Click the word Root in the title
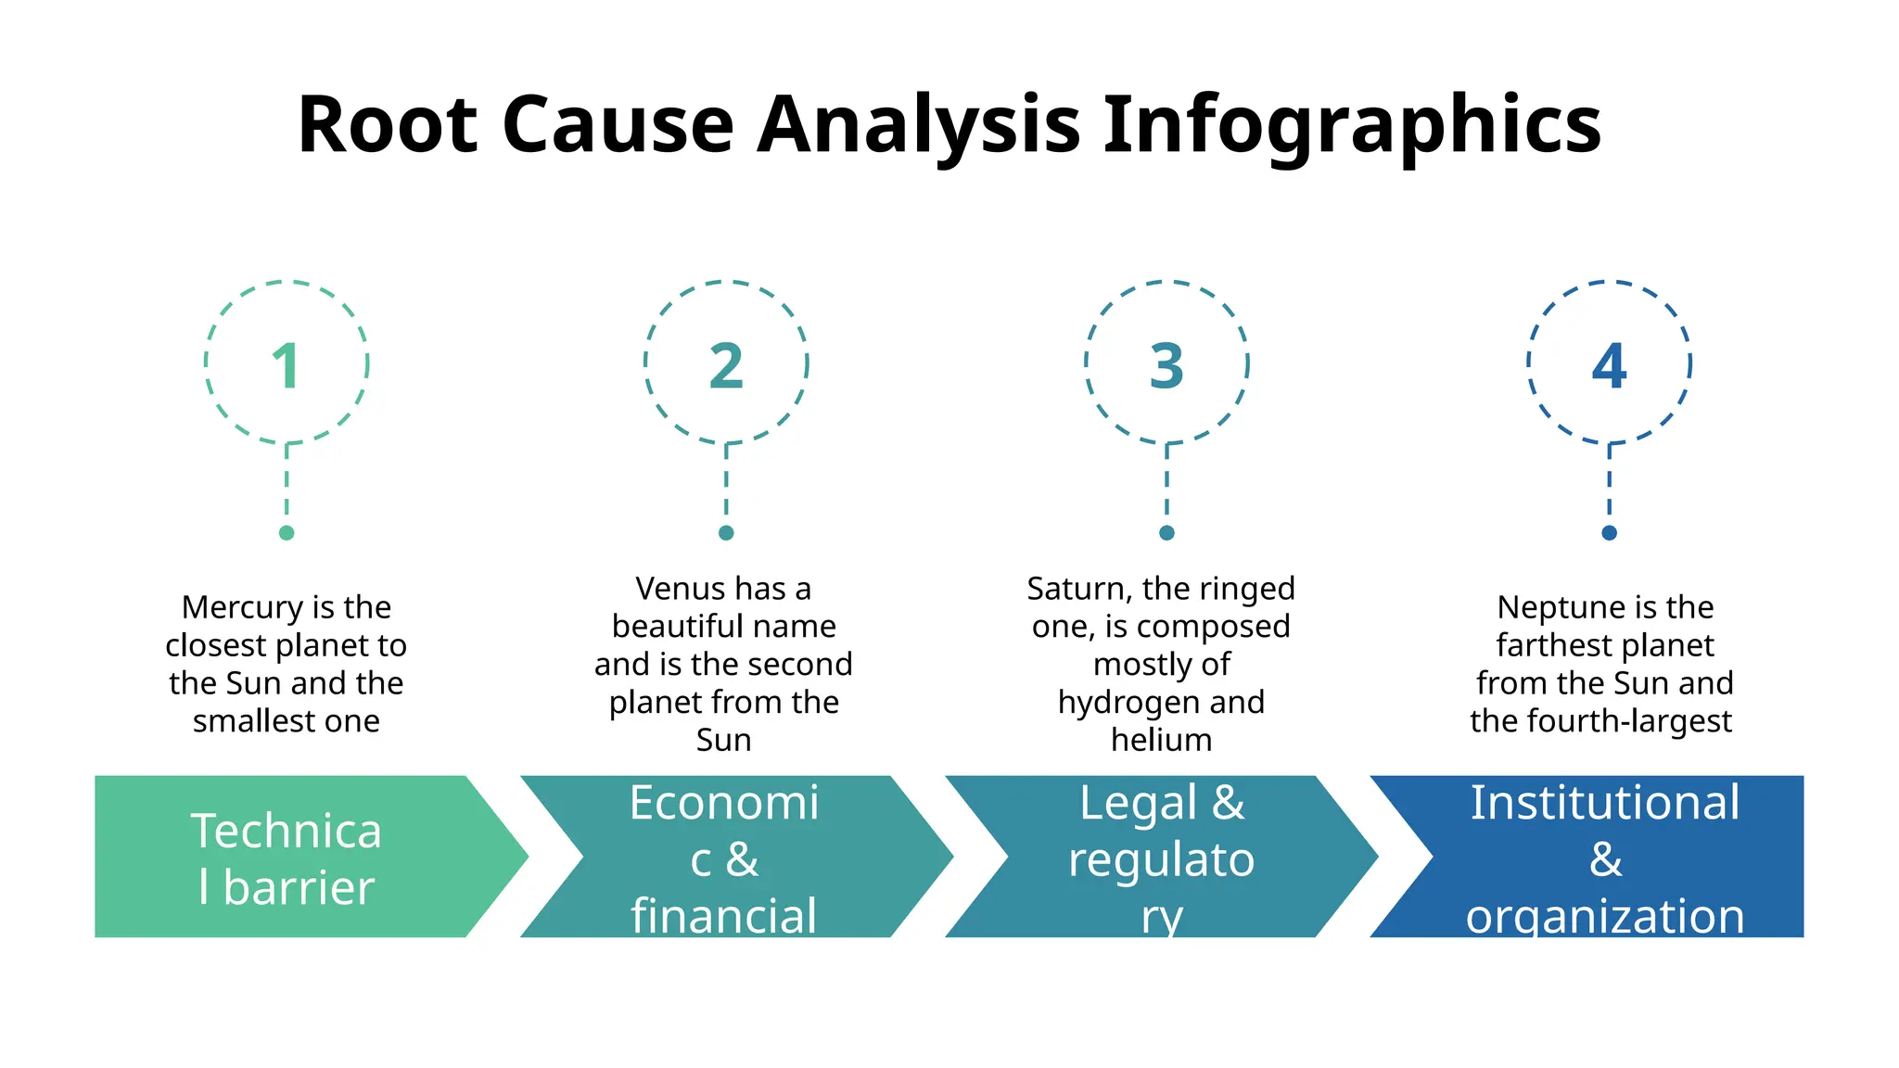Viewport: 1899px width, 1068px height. click(x=388, y=124)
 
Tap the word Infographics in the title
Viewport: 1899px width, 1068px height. click(x=1352, y=126)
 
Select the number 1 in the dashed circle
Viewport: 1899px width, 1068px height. click(x=286, y=365)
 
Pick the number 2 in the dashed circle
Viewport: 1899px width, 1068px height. click(x=726, y=365)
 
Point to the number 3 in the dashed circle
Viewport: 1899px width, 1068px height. click(x=1166, y=365)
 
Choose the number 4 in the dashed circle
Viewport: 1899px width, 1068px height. click(x=1609, y=365)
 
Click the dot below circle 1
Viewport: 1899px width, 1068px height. click(x=287, y=533)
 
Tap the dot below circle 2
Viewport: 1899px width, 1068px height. click(x=726, y=533)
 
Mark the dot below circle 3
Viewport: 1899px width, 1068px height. click(x=1166, y=533)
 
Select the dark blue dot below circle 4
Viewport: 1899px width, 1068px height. click(x=1609, y=533)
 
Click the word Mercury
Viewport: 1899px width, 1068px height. click(x=242, y=608)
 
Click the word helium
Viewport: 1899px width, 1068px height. click(x=1161, y=740)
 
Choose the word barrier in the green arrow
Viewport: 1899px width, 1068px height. click(x=299, y=888)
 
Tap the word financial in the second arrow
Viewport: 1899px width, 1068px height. click(x=723, y=916)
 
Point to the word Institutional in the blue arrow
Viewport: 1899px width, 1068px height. click(x=1605, y=803)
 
